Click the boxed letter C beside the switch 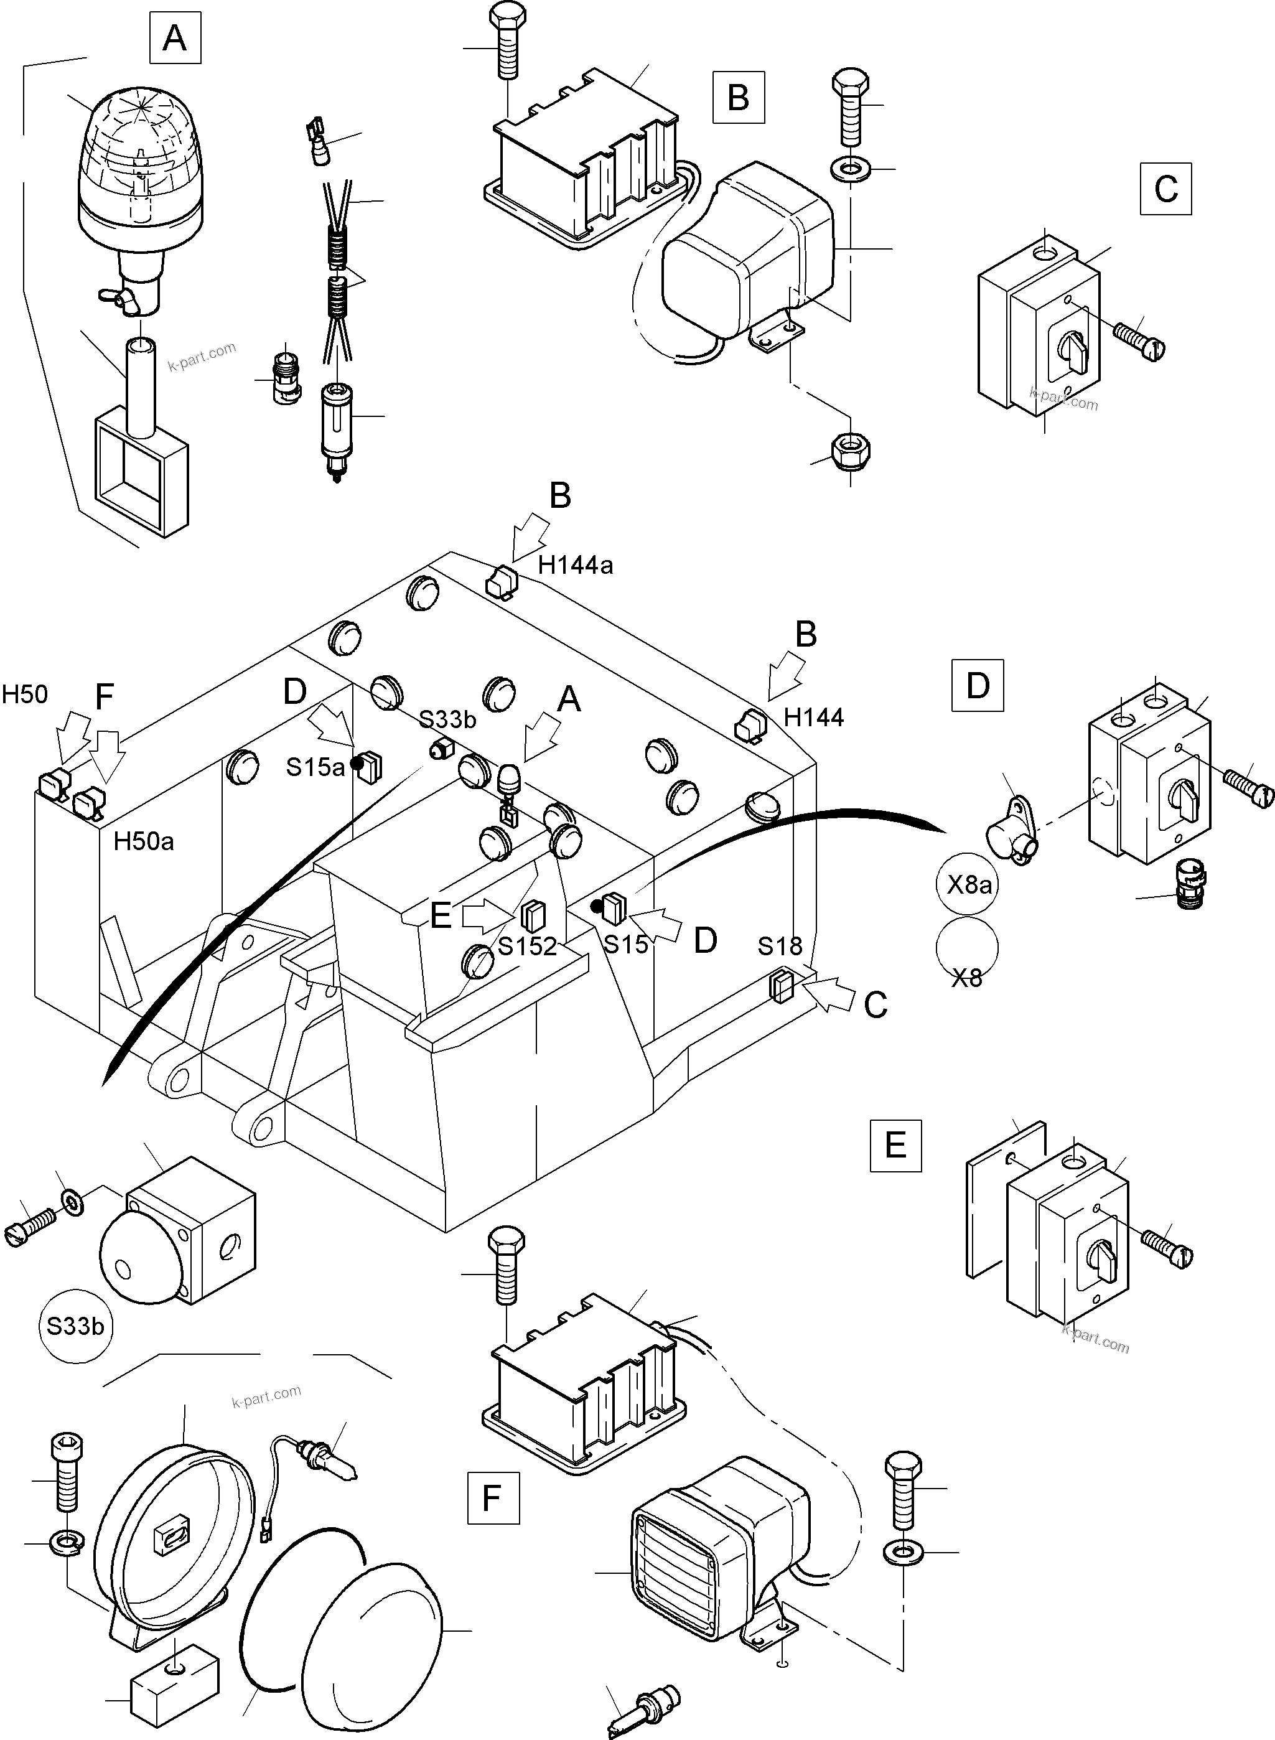click(1165, 189)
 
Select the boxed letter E click(895, 1145)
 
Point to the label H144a click(575, 565)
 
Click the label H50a click(144, 841)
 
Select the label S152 click(527, 946)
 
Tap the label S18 click(780, 946)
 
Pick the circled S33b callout click(75, 1326)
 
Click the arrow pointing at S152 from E click(486, 915)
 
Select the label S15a click(315, 767)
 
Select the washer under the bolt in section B click(850, 167)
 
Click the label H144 click(813, 718)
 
